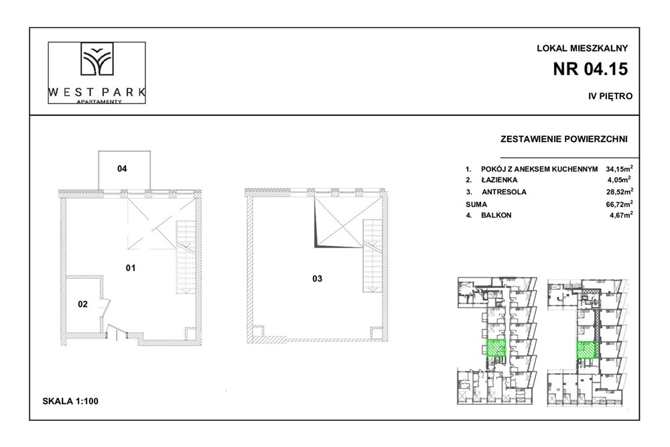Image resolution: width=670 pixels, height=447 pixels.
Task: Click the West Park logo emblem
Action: click(x=96, y=61)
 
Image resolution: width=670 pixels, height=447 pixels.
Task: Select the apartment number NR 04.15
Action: click(x=592, y=69)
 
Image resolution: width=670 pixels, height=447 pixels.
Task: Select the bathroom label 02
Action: click(x=82, y=304)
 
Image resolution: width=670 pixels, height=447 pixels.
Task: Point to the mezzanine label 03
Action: click(x=318, y=279)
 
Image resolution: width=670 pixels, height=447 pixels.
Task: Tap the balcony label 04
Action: click(x=122, y=169)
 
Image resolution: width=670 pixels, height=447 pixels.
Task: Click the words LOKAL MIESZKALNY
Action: click(x=582, y=48)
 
